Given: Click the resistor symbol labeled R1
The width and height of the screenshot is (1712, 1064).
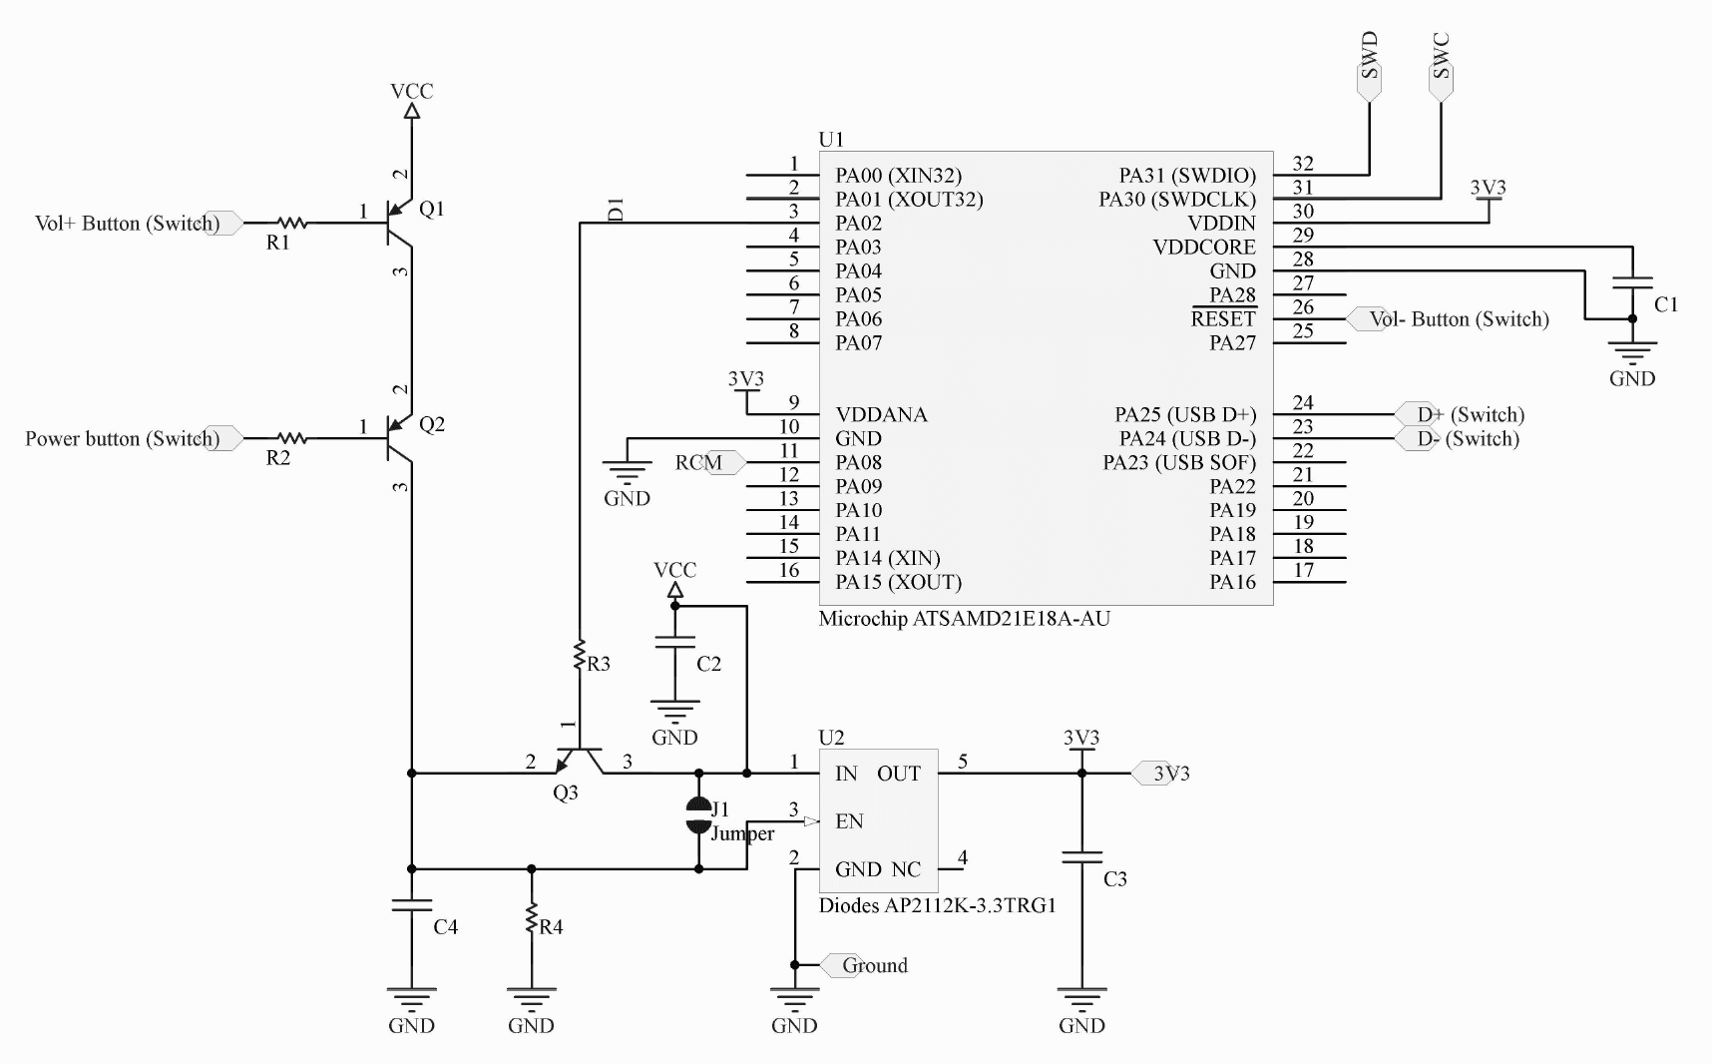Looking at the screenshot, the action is [x=291, y=223].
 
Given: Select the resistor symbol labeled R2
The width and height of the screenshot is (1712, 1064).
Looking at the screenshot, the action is [x=291, y=438].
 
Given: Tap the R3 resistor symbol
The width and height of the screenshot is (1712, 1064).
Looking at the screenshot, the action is [x=579, y=657].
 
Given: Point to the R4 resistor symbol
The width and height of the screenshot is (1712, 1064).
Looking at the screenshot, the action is [x=531, y=919].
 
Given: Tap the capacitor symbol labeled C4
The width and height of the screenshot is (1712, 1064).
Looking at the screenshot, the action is [x=411, y=905].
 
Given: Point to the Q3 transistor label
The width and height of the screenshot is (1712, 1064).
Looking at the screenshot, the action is [x=566, y=793].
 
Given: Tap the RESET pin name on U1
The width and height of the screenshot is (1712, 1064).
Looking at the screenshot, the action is [x=1223, y=318].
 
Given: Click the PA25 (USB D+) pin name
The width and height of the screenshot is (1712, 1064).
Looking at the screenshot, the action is [x=1185, y=414].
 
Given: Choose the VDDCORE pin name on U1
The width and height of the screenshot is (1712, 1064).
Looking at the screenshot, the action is [x=1204, y=247].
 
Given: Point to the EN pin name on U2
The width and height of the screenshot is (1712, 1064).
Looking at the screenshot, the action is [x=849, y=821].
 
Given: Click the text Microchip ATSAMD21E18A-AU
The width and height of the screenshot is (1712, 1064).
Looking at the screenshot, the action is [x=965, y=618].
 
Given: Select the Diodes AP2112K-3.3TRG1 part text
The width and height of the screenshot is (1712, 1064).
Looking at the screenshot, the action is [x=938, y=905].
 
